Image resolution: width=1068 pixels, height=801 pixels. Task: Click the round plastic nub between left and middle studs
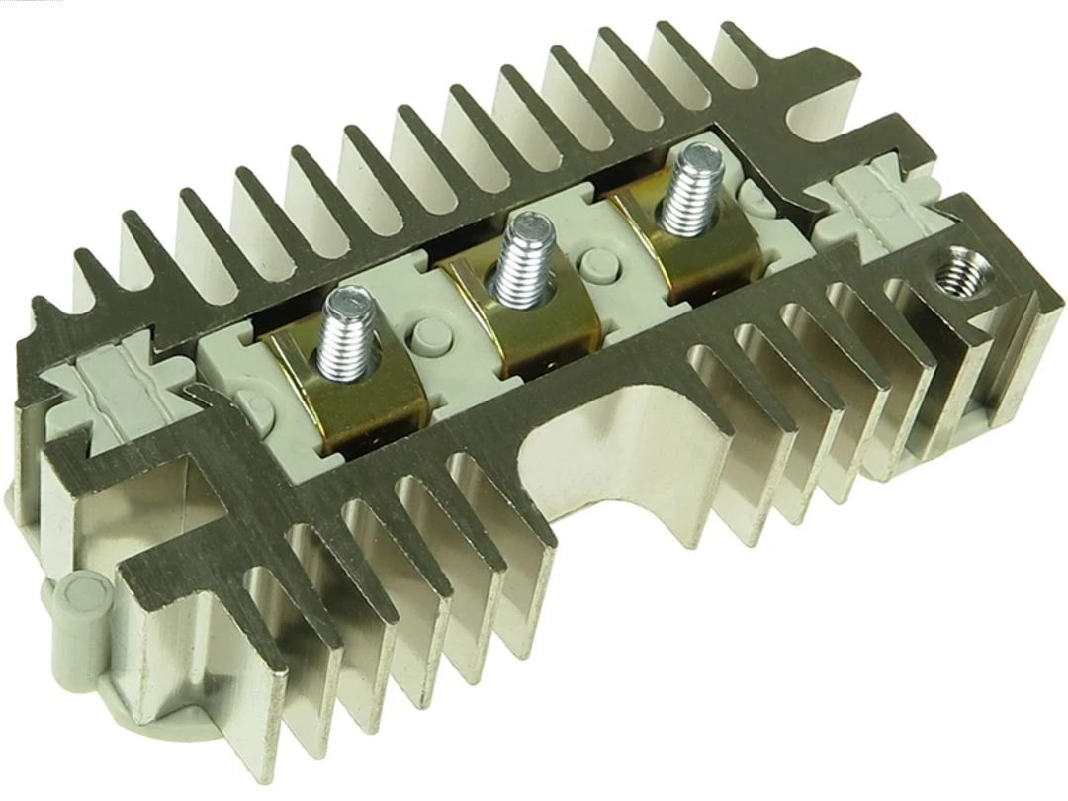click(427, 332)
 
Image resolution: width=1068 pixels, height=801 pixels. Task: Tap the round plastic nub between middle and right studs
click(599, 264)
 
